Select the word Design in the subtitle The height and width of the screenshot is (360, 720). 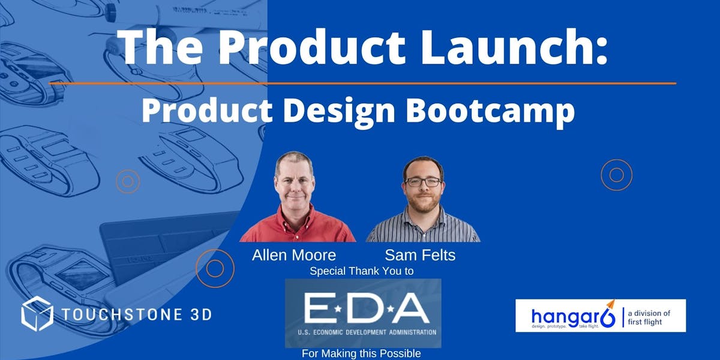tap(339, 111)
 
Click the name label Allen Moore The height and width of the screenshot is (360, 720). tap(294, 255)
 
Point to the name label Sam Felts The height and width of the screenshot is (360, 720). tap(420, 255)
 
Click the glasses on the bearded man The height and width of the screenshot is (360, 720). tap(424, 182)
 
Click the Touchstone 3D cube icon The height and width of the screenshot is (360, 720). tap(37, 313)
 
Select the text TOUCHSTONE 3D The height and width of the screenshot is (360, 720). tap(137, 314)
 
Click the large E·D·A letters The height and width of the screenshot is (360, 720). tap(367, 310)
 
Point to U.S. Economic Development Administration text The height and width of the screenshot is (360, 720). tap(367, 332)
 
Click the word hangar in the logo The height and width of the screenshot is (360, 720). tap(574, 317)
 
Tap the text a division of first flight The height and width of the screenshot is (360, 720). tap(649, 317)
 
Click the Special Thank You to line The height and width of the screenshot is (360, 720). tap(362, 271)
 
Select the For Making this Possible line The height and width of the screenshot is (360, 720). tap(361, 353)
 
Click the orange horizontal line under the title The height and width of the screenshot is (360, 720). tap(362, 83)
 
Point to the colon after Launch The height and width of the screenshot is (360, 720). tap(601, 49)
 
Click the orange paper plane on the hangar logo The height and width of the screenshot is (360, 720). tap(610, 304)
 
